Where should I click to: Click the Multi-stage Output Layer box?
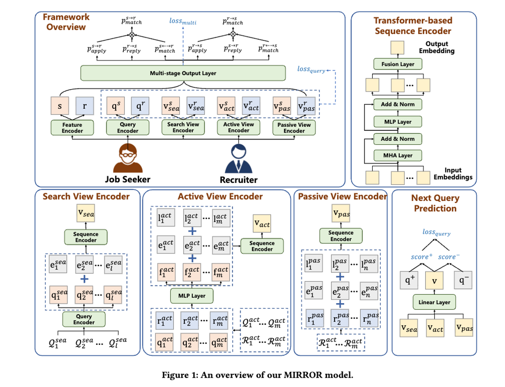point(183,73)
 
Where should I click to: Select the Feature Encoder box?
point(72,128)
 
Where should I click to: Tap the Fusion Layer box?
point(398,64)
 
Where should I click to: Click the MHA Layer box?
point(398,155)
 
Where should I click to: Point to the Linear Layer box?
point(434,302)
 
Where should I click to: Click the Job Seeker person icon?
point(128,158)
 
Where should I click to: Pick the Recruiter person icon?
point(238,158)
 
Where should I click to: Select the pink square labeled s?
point(60,106)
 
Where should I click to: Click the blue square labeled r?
point(85,106)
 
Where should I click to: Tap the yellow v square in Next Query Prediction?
point(434,280)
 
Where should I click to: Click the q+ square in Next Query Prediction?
point(409,280)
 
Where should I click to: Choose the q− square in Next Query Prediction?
point(463,280)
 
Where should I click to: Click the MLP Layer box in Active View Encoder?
point(192,296)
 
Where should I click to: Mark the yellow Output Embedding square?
point(397,48)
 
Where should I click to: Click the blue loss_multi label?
point(183,21)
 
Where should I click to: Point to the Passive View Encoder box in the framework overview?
point(294,128)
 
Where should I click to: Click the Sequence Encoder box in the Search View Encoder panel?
point(86,237)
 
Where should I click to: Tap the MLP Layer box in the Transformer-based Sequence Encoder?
point(398,121)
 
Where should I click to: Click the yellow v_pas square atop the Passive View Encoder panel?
point(341,213)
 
